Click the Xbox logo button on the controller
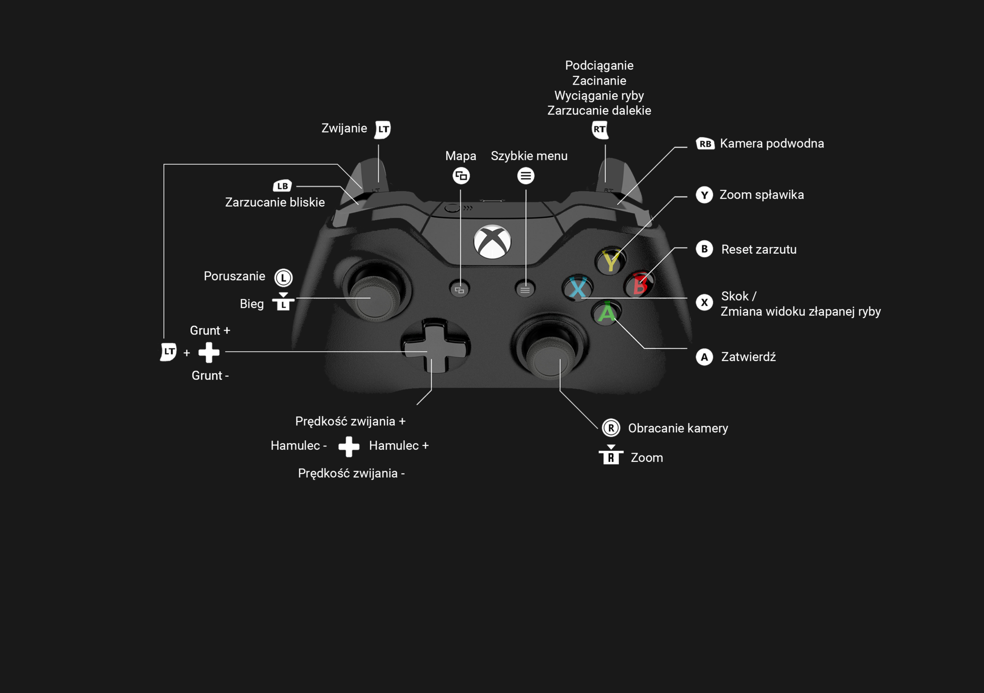[x=492, y=241]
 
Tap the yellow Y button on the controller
[x=610, y=261]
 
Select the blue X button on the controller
[x=578, y=288]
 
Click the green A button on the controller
[x=606, y=313]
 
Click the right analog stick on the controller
[x=549, y=358]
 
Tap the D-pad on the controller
[x=435, y=346]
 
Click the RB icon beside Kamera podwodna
[x=705, y=144]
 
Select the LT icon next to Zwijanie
[x=383, y=129]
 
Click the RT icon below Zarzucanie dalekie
[x=600, y=129]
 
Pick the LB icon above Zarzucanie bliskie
[x=283, y=186]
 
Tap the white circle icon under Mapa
[x=461, y=176]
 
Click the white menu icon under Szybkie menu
[x=526, y=176]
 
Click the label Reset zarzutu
[x=759, y=249]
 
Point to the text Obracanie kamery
[x=677, y=428]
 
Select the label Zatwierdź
[x=748, y=357]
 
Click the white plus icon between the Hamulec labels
[x=349, y=446]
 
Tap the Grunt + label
[x=210, y=331]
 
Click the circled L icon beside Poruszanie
[x=283, y=277]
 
